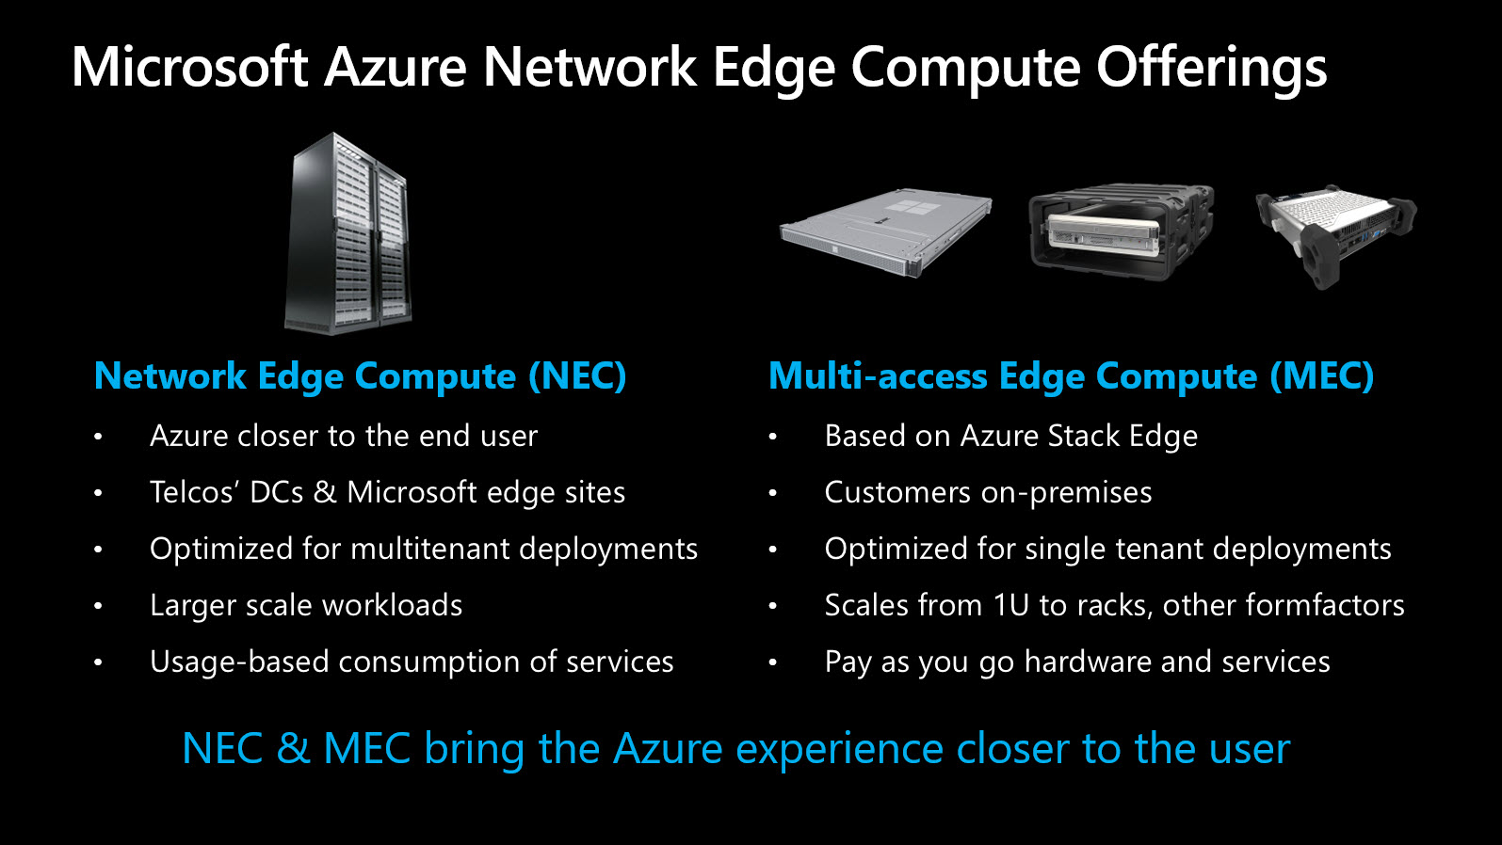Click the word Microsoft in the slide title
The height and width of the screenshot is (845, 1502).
click(x=190, y=67)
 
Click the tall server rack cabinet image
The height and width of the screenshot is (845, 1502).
click(x=348, y=234)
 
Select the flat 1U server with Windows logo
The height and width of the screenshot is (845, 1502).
click(x=886, y=231)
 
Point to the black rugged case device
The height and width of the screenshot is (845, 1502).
click(x=1122, y=231)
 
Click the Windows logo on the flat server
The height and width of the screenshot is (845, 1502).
click(x=910, y=207)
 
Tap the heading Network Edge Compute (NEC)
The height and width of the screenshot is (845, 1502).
click(x=360, y=376)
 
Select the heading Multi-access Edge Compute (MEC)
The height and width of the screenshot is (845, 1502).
click(x=1071, y=376)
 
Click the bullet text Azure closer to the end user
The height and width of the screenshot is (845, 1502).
click(x=344, y=436)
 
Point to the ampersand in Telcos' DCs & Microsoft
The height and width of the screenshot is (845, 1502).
click(x=325, y=492)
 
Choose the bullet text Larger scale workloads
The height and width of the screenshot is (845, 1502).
click(x=306, y=605)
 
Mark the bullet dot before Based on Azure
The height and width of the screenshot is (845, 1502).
click(x=772, y=437)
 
